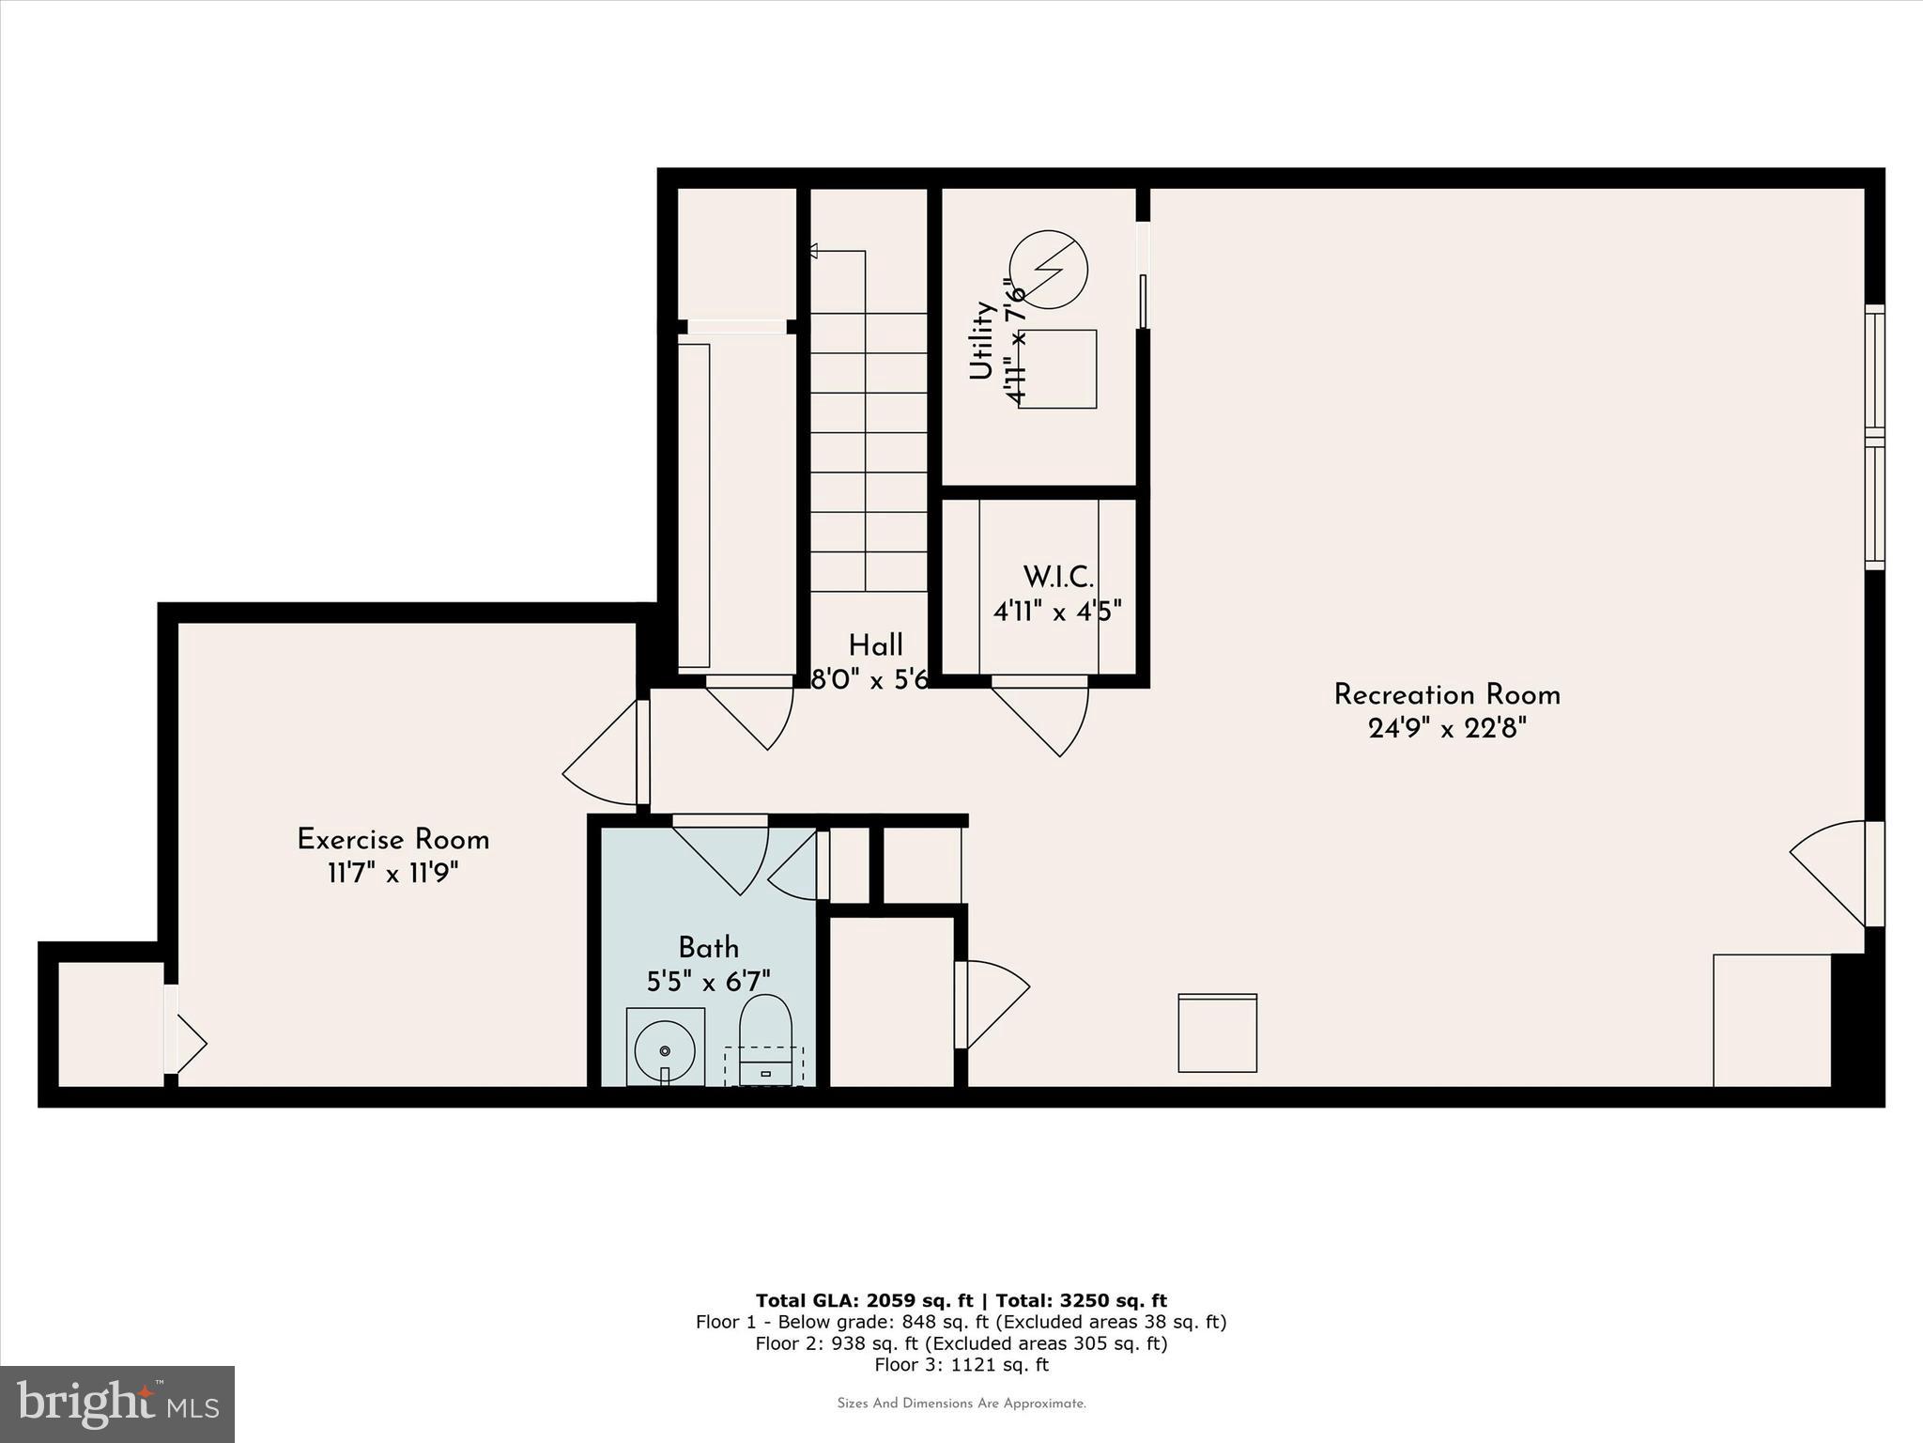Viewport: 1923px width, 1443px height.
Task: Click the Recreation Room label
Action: pos(1447,695)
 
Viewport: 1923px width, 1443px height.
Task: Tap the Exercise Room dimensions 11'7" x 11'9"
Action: pos(392,874)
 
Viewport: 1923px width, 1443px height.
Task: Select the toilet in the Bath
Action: pos(765,1038)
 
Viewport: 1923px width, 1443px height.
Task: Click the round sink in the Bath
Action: pos(665,1049)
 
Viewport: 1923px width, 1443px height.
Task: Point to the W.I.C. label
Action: pos(1057,576)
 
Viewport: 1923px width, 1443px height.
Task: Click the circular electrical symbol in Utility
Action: pos(1049,270)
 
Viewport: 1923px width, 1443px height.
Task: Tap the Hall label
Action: pos(875,645)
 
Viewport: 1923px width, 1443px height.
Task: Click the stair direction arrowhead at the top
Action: pos(813,251)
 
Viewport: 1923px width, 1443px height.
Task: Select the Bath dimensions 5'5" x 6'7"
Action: pos(708,982)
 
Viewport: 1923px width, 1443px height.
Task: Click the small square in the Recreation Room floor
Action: pos(1217,1032)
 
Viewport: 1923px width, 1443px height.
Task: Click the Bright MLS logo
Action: pos(117,1404)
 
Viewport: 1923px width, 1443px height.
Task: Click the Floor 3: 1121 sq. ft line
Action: pos(961,1365)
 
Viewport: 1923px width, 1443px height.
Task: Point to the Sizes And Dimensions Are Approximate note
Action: pos(961,1404)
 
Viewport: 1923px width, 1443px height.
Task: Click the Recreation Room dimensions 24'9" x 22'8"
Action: pos(1447,729)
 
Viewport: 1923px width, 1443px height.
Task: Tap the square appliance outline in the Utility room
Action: pos(1058,369)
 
